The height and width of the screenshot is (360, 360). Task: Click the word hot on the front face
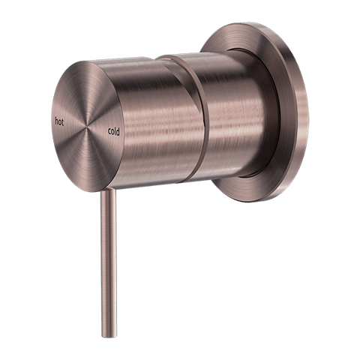[59, 122]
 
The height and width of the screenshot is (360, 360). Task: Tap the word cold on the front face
[114, 131]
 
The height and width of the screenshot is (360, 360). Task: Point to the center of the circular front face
[87, 126]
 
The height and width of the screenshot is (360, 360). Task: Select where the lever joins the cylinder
[108, 190]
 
